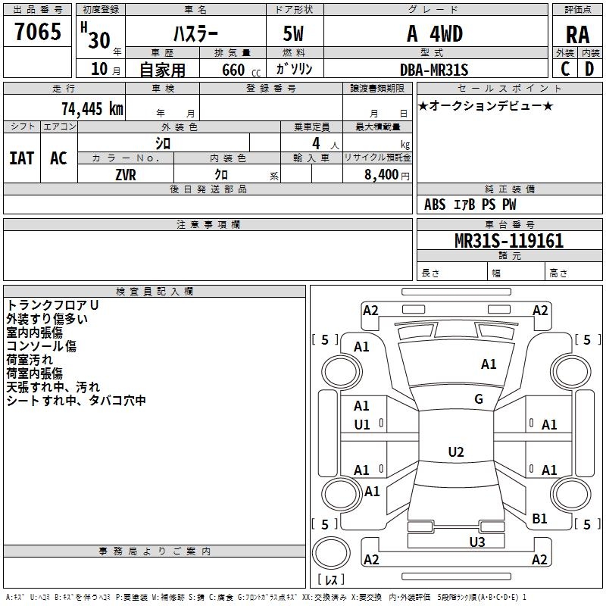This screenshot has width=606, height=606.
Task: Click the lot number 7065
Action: [x=38, y=33]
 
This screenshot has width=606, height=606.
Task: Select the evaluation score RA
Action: [x=577, y=34]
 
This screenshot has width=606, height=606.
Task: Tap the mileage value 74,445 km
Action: [x=92, y=108]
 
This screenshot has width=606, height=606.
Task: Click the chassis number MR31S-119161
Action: [x=508, y=241]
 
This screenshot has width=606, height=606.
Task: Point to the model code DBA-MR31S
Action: [x=434, y=70]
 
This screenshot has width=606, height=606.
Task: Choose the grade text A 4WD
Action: [x=434, y=33]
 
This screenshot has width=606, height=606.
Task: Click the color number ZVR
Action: [x=126, y=173]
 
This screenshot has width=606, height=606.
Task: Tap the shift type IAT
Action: [x=21, y=158]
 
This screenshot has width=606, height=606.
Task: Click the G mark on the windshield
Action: [x=479, y=399]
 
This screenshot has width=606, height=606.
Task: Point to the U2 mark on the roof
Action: [x=456, y=452]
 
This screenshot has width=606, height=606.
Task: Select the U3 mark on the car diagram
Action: [x=476, y=542]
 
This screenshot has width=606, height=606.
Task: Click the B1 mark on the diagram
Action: [x=539, y=519]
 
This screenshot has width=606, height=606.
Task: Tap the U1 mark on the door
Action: [x=362, y=425]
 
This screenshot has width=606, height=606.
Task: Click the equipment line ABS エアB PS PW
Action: [x=470, y=205]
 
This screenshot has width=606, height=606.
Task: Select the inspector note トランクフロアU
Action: [x=52, y=305]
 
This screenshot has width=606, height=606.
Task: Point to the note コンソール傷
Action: [x=42, y=346]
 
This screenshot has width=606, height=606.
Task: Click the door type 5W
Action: [x=295, y=33]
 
